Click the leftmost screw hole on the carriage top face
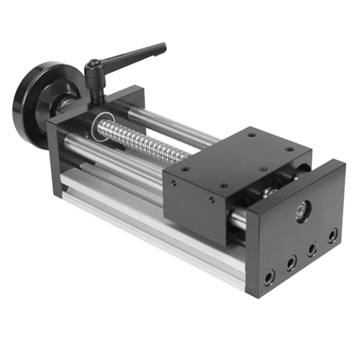(185, 169)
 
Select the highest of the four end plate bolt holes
(332, 235)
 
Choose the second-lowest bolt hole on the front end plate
(290, 264)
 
